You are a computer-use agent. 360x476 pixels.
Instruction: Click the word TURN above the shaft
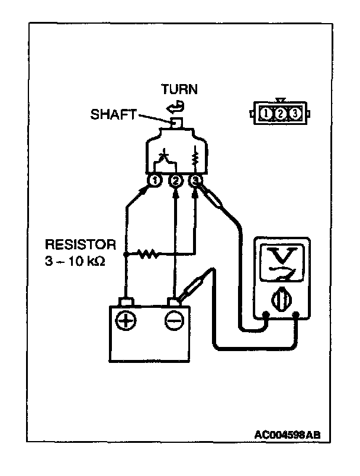[x=179, y=89]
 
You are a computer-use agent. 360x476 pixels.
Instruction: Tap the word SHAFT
[x=114, y=114]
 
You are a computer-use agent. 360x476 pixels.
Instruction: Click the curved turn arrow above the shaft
[x=175, y=107]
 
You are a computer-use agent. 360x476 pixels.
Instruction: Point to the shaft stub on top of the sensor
[x=176, y=123]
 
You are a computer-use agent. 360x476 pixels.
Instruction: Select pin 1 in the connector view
[x=266, y=114]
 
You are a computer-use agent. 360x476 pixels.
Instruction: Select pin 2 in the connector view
[x=280, y=114]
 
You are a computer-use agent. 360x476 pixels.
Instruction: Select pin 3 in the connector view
[x=294, y=114]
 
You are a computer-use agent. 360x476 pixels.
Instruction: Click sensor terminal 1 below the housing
[x=155, y=181]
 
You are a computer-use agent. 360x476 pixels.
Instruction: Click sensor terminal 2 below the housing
[x=176, y=181]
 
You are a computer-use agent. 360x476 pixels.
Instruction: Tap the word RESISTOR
[x=81, y=245]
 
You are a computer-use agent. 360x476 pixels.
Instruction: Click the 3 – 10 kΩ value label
[x=75, y=261]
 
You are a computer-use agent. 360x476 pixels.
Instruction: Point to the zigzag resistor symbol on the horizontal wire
[x=148, y=254]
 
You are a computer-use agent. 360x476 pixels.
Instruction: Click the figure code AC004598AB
[x=287, y=435]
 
